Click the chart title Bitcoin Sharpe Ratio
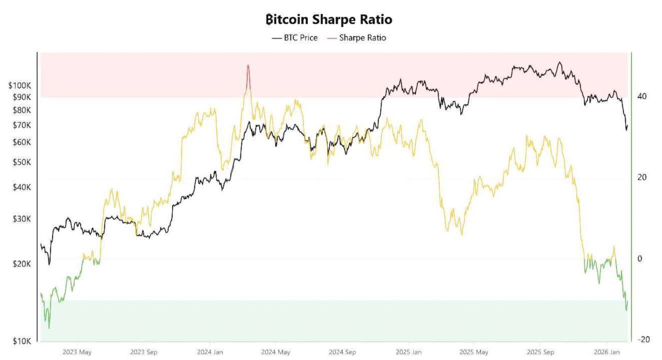(x=329, y=20)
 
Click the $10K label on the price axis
(x=22, y=341)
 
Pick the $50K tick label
(x=22, y=162)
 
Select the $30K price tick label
(x=22, y=219)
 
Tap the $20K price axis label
(x=22, y=264)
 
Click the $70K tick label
(x=22, y=125)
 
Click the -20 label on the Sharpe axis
(x=643, y=339)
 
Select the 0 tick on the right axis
(x=640, y=259)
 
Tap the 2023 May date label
(x=77, y=352)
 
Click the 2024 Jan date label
(x=210, y=352)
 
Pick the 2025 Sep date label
(x=540, y=352)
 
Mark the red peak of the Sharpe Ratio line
(x=248, y=66)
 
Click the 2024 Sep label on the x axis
(x=342, y=352)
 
